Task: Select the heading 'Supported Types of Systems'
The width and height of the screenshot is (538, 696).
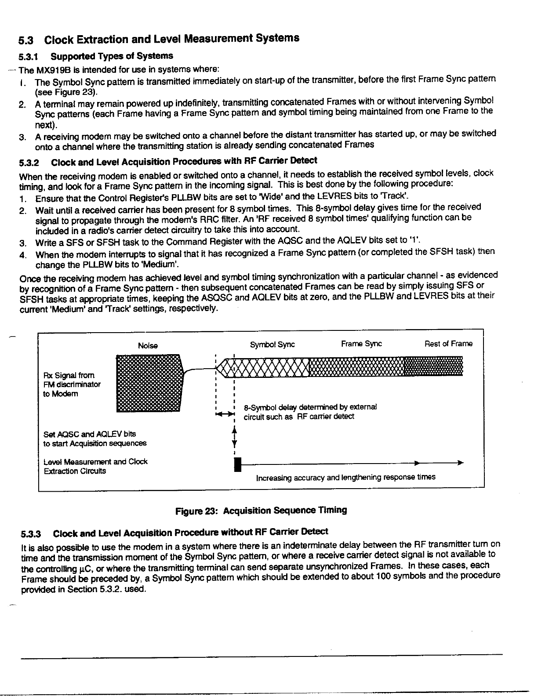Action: [112, 56]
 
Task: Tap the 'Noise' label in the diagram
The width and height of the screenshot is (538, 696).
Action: [148, 346]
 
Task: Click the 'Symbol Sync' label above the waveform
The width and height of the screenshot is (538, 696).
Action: [272, 345]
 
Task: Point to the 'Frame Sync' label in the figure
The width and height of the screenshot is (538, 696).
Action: [361, 344]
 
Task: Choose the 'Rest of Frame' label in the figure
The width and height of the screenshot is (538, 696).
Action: [448, 344]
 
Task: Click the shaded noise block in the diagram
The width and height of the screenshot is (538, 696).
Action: [149, 383]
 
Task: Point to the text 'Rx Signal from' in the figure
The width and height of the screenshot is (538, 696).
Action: [69, 375]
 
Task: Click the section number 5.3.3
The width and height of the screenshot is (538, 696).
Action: [32, 534]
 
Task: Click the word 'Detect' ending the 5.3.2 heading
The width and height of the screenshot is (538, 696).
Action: [304, 160]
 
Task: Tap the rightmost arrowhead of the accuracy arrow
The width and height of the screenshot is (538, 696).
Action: [460, 463]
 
